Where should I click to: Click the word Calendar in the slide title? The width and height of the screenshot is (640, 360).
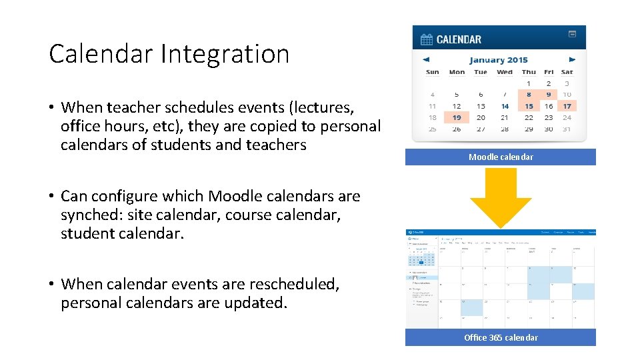[102, 54]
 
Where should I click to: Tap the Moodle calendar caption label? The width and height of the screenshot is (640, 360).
[501, 157]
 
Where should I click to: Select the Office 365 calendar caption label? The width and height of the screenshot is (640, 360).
[501, 337]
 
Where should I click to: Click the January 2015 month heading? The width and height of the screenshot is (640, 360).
[498, 60]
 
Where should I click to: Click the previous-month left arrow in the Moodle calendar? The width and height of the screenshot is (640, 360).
[427, 59]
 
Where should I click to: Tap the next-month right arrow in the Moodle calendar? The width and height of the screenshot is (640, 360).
[571, 59]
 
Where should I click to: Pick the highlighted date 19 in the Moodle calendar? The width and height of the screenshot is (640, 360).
[457, 117]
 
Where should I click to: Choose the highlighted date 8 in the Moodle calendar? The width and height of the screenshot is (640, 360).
[529, 95]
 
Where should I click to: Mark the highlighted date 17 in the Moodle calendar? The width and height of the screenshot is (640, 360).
[567, 106]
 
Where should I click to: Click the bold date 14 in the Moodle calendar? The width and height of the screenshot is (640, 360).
[505, 106]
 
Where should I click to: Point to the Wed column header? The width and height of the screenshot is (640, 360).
[505, 72]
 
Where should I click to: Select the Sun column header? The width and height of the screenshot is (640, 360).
[432, 72]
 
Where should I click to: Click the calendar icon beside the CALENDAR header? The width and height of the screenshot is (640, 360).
[427, 39]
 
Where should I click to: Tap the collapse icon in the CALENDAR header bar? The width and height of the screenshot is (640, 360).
[572, 34]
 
